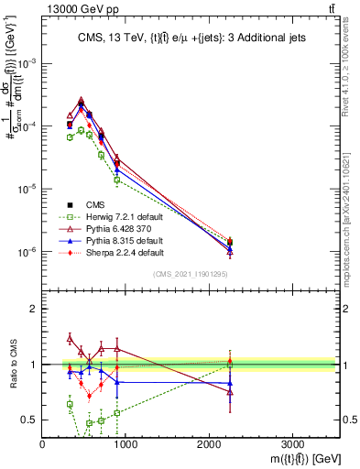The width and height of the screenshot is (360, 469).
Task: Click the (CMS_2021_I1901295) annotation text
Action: point(190,274)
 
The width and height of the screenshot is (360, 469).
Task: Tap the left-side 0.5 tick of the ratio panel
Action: point(30,420)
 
